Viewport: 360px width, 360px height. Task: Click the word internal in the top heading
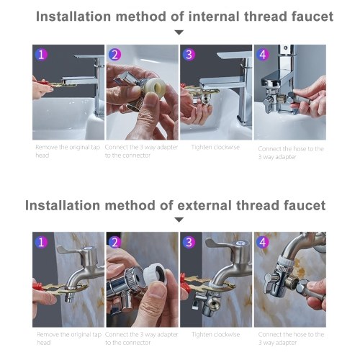click(x=214, y=17)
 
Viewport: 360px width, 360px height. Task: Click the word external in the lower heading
click(x=205, y=206)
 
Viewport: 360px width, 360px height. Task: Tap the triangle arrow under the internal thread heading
click(x=179, y=32)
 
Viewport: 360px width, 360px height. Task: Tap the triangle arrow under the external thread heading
click(x=179, y=220)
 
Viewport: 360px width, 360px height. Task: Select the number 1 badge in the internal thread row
click(x=41, y=55)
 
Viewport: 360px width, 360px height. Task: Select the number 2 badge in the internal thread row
click(x=115, y=55)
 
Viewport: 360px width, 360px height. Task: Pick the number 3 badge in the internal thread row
click(x=189, y=55)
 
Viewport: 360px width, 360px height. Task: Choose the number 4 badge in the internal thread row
click(x=263, y=55)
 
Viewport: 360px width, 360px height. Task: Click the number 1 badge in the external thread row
click(x=41, y=242)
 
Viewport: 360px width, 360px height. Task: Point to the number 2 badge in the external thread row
click(x=115, y=242)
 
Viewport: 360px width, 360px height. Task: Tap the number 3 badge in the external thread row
click(x=189, y=242)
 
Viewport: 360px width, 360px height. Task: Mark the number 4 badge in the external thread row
click(x=263, y=242)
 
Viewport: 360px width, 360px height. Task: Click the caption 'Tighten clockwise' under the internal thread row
click(x=215, y=148)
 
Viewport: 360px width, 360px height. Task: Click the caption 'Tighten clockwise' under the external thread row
click(x=215, y=335)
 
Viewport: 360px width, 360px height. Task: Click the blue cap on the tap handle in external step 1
click(x=88, y=248)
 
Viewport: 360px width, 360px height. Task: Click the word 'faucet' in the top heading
click(x=312, y=17)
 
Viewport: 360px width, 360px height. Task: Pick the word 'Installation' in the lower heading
click(x=63, y=206)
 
